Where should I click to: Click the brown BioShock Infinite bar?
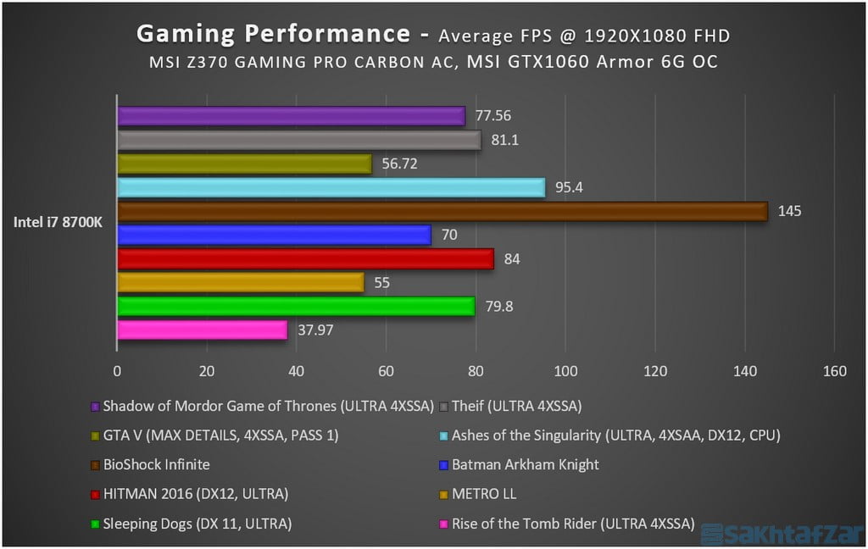coord(442,211)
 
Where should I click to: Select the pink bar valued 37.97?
coord(202,330)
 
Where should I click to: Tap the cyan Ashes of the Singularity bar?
coord(331,187)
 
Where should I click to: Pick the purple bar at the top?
coord(291,116)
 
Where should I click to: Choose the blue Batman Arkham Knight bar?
coord(274,235)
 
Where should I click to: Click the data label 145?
coord(790,211)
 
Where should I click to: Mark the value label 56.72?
coord(398,164)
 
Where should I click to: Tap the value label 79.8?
coord(500,306)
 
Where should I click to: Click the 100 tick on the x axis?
coord(565,370)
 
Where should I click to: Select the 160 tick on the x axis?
coord(834,370)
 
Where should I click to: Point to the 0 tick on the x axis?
coord(117,370)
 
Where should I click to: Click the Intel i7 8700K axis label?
coord(58,223)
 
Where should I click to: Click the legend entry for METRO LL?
coord(483,494)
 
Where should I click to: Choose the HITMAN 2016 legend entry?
coord(195,494)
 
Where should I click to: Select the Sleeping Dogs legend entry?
coord(197,524)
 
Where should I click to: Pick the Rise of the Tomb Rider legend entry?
coord(572,524)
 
